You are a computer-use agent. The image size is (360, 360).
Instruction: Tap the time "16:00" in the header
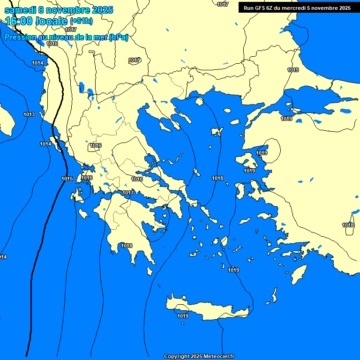18,21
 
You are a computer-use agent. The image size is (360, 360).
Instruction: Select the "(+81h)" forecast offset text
81,21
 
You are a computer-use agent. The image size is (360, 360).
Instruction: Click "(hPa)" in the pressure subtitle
118,37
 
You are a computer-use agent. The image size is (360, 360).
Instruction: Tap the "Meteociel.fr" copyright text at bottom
218,356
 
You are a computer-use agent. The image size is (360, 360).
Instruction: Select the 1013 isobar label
29,114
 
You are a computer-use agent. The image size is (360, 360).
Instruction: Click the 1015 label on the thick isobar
67,179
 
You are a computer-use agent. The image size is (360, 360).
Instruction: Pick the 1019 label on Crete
183,316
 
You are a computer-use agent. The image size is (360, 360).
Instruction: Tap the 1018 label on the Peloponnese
127,246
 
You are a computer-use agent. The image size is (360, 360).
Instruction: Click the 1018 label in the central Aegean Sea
217,178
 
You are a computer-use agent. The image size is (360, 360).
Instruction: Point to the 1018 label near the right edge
348,225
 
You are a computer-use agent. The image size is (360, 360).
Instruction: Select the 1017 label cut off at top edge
223,4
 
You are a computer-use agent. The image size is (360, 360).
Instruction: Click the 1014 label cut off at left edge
3,257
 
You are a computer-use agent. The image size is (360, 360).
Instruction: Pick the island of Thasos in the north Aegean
199,101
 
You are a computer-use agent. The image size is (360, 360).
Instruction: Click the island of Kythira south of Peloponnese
150,271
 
